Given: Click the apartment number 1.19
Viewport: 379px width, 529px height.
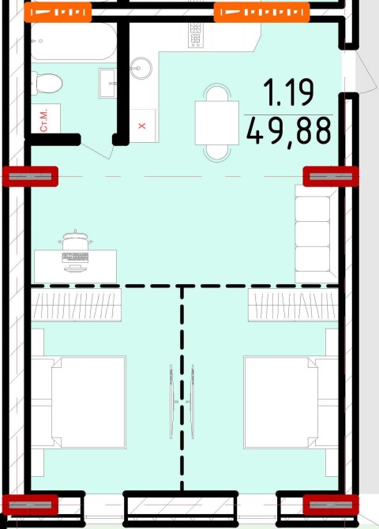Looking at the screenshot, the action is coord(288,92).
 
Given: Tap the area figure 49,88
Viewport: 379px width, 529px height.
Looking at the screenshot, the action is coord(288,131).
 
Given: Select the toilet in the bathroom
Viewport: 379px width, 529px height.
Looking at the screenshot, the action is coord(47,83).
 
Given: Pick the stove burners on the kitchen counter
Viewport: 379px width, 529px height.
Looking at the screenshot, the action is coord(195,35).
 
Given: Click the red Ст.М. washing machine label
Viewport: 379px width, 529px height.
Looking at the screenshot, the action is coord(44,121).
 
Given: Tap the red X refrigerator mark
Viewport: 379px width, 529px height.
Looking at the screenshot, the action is coord(142,126).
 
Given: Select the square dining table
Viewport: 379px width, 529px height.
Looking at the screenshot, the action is coord(217,123).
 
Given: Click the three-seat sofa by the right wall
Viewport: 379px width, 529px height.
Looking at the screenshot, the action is coord(317,234).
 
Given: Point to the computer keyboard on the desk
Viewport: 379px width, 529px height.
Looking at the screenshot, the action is coord(75,257).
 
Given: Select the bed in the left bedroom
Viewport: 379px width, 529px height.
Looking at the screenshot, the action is coord(79,402).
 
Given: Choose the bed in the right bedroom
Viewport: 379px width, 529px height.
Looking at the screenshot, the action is coord(291,402).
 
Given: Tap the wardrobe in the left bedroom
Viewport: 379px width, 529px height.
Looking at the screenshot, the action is coord(77,305).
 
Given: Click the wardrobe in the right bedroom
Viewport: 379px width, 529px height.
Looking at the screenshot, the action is coord(293,305).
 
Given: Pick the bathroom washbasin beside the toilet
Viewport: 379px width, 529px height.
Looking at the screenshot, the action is coord(107,83).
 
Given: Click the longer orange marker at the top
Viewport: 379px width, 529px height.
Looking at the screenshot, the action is coord(262,13).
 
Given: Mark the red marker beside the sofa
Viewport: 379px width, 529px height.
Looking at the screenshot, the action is coord(330,176).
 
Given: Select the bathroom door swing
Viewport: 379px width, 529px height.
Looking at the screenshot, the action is coord(97,148).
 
